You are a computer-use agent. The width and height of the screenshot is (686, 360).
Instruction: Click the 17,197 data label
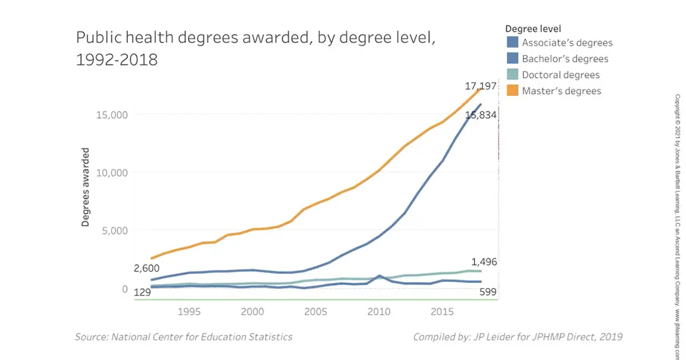pos(480,86)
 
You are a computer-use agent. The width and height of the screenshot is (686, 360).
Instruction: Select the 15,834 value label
pos(481,115)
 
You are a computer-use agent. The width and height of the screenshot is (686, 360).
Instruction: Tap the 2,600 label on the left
pos(147,268)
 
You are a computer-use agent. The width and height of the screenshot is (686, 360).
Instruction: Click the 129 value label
pos(142,293)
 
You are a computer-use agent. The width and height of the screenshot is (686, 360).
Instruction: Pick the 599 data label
pos(487,293)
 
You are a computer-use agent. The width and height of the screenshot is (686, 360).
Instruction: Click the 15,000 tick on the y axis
pos(111,114)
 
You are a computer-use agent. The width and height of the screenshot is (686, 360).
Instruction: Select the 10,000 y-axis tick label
pos(111,173)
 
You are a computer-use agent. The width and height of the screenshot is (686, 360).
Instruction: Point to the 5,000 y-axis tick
pos(114,231)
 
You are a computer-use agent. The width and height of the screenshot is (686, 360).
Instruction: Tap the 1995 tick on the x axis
pos(189,312)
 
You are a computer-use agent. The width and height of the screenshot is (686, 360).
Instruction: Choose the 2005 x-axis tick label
pos(315,312)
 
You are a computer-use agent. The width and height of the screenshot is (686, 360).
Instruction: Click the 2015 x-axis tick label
pos(441,312)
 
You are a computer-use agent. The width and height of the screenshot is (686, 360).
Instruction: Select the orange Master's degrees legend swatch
pos(512,90)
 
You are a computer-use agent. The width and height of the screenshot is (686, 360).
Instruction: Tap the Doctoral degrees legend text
pos(561,75)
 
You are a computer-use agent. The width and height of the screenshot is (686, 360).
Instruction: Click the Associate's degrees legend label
pos(567,43)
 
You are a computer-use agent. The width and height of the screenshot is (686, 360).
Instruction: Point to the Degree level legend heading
pos(533,28)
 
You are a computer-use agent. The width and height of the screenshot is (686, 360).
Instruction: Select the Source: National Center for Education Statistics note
pos(184,337)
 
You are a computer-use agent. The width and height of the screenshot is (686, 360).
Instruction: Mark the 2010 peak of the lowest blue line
pos(379,276)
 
